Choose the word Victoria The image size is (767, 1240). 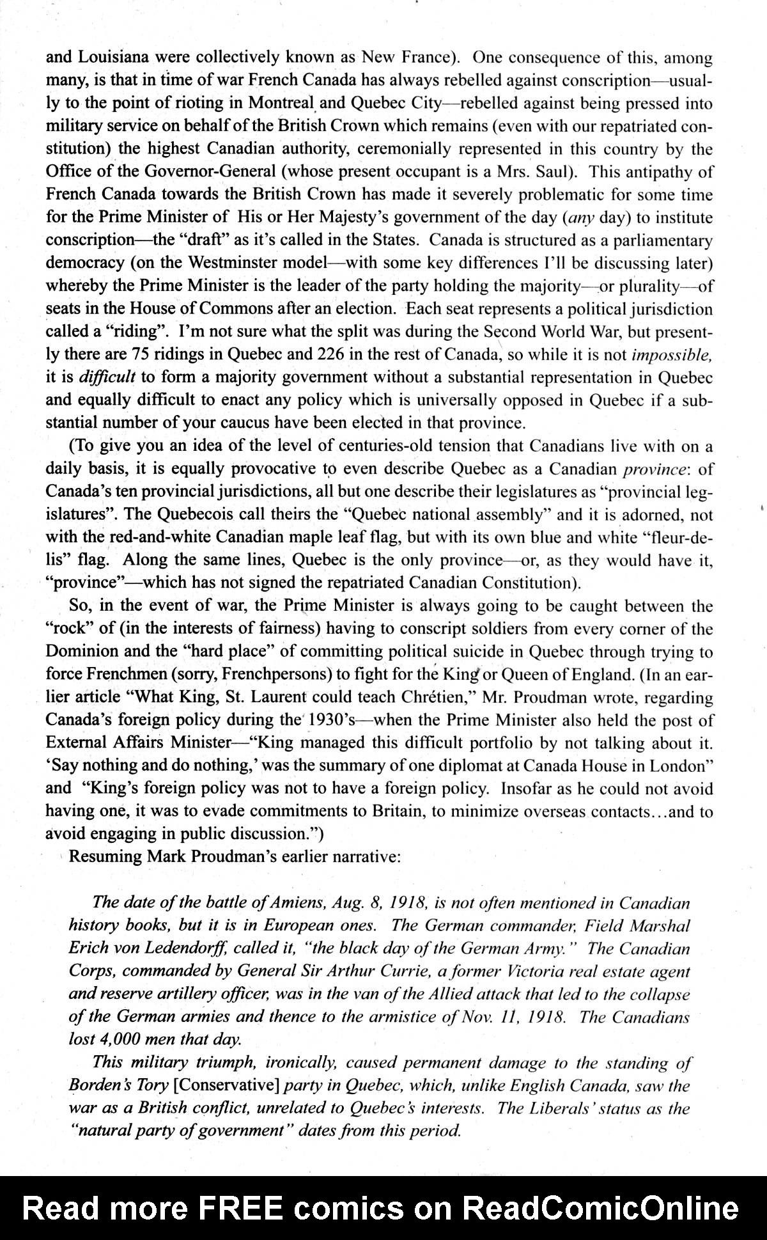tap(541, 971)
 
